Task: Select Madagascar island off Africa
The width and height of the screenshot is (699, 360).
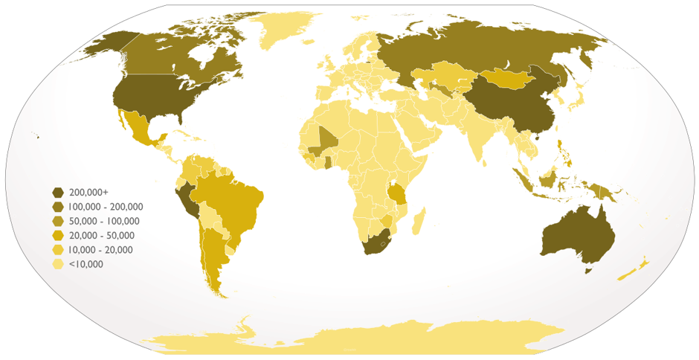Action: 419,221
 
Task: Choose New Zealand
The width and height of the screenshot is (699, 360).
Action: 634,269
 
